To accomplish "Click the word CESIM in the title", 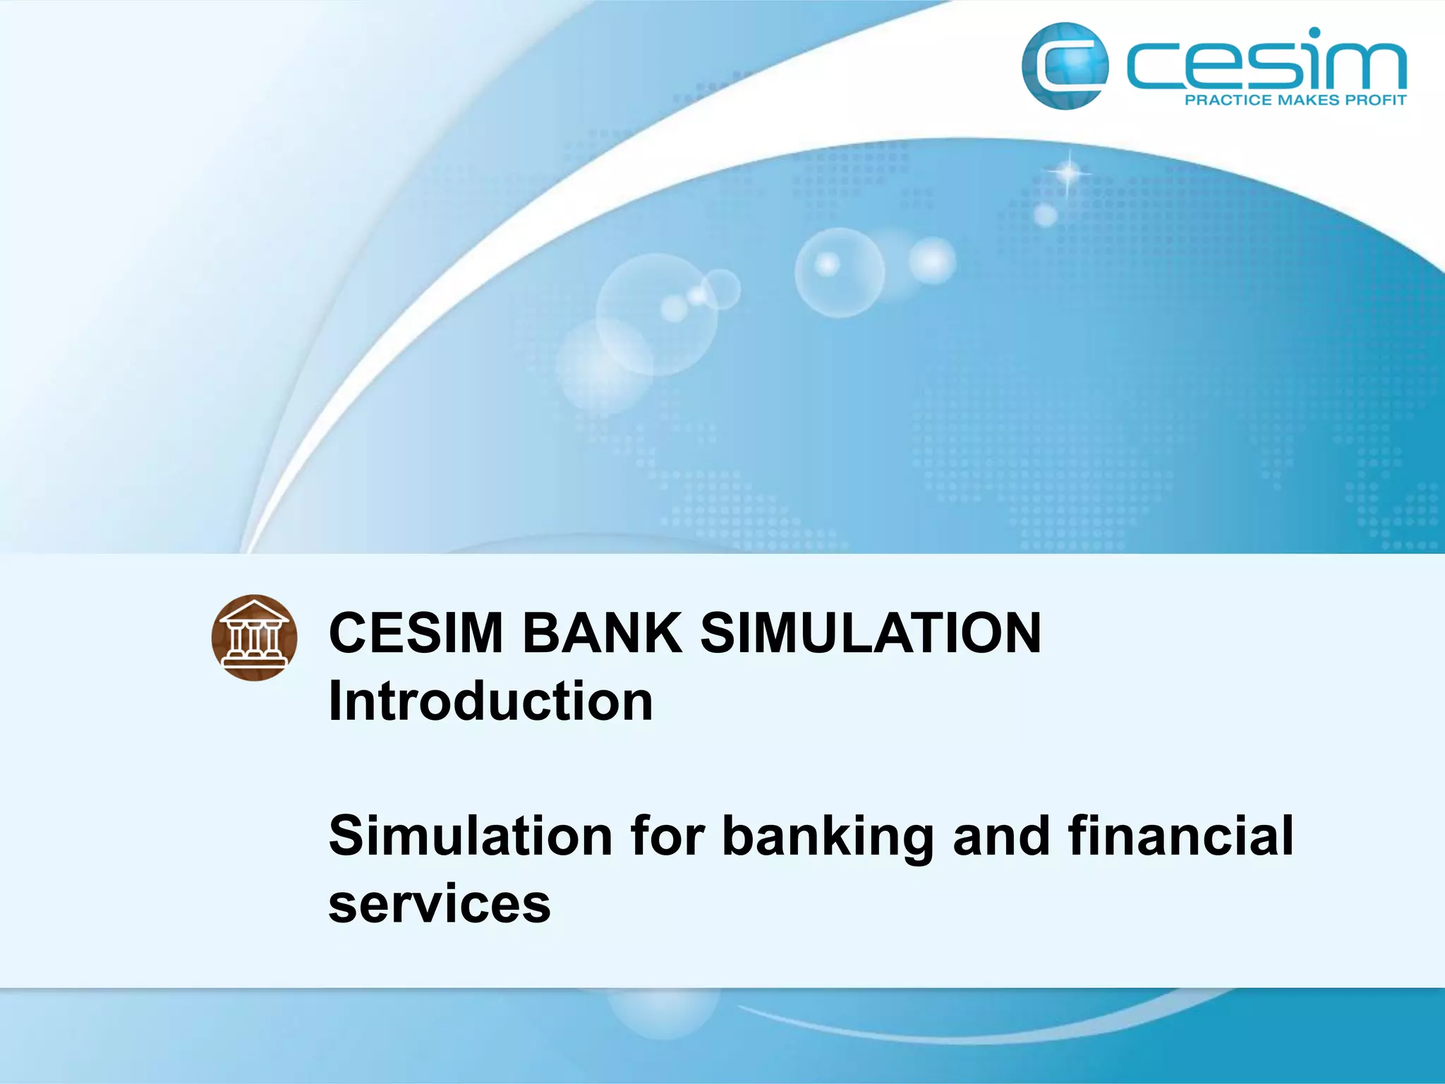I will pos(416,633).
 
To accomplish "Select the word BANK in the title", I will pos(602,633).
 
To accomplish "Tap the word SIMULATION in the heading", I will pos(871,633).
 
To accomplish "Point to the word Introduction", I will pos(491,701).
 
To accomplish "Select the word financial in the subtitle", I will pos(1180,836).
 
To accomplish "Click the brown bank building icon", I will pos(254,637).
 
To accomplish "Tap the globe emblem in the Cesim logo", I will pos(1064,66).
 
